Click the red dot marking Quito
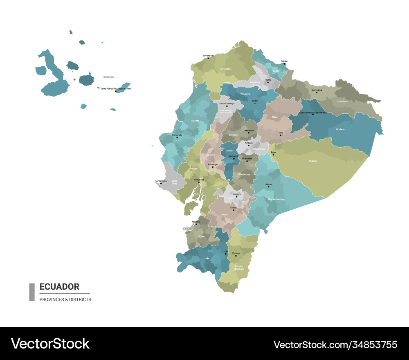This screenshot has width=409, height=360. pyautogui.click(x=255, y=103)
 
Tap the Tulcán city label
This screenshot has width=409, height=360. pyautogui.click(x=284, y=61)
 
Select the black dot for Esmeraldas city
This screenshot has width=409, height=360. pyautogui.click(x=208, y=58)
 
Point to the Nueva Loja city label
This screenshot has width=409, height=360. pyautogui.click(x=317, y=90)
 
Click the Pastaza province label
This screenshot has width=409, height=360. pyautogui.click(x=312, y=161)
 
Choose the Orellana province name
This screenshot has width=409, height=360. pyautogui.click(x=340, y=129)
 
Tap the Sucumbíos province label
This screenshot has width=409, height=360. pyautogui.click(x=342, y=101)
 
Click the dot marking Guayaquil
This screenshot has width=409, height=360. pyautogui.click(x=199, y=182)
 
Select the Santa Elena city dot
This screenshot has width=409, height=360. pyautogui.click(x=161, y=183)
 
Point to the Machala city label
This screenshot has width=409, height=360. pyautogui.click(x=196, y=221)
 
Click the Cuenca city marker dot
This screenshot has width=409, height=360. pyautogui.click(x=234, y=210)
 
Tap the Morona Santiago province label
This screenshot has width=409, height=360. pyautogui.click(x=276, y=199)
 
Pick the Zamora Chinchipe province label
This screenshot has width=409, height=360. pyautogui.click(x=239, y=268)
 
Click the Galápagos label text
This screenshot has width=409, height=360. pyautogui.click(x=108, y=76)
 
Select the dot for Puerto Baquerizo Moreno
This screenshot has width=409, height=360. pyautogui.click(x=116, y=91)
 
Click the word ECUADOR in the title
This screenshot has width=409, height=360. pyautogui.click(x=59, y=287)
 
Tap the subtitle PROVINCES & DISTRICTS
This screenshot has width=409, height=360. pyautogui.click(x=65, y=299)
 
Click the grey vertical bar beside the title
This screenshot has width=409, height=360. pyautogui.click(x=32, y=292)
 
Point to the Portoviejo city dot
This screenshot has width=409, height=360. pyautogui.click(x=177, y=137)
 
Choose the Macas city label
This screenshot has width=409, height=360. pyautogui.click(x=268, y=184)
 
